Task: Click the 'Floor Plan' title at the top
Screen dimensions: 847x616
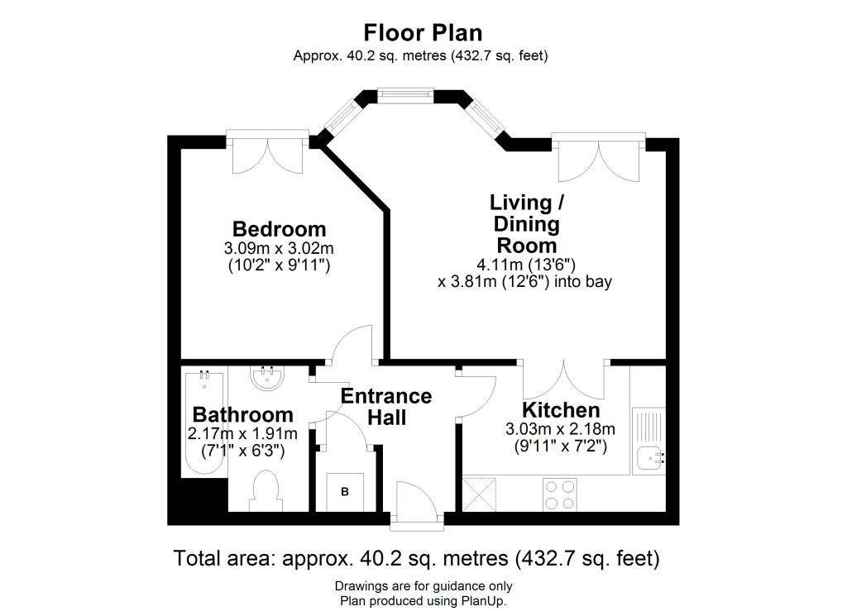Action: point(423,33)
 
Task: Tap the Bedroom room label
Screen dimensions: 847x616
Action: point(280,229)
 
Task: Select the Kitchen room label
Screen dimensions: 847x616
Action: point(561,410)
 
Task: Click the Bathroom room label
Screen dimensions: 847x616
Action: point(243,414)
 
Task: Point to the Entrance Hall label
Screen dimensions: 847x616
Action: point(386,407)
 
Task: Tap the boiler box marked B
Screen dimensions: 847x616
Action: point(345,492)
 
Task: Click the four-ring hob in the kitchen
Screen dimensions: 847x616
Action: point(560,494)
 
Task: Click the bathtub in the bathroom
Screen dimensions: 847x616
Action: point(205,423)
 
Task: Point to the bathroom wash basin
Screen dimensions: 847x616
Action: point(267,377)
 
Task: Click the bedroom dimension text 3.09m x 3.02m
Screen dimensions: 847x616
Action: point(279,248)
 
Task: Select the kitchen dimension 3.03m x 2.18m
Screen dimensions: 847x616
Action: point(560,429)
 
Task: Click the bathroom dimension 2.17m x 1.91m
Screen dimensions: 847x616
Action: point(242,433)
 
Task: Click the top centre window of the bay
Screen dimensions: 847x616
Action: point(405,96)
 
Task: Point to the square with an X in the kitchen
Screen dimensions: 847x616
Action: point(480,493)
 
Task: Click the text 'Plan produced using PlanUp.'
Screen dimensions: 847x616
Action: point(423,601)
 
